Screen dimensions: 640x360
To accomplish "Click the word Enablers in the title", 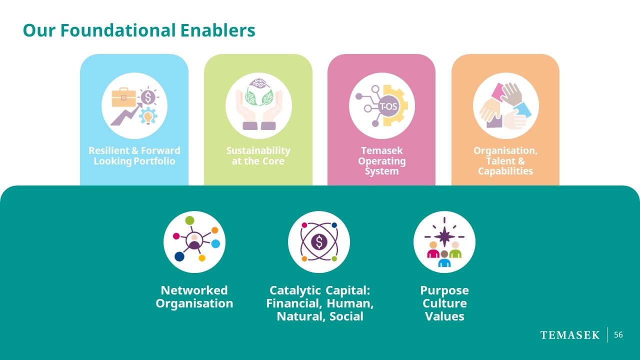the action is tap(217, 30).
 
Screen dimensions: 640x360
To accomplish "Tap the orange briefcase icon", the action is tap(123, 97).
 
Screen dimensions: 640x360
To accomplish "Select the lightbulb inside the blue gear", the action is tap(148, 117).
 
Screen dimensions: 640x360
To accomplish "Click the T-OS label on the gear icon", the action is tap(388, 106).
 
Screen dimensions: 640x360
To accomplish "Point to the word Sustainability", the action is tap(258, 150).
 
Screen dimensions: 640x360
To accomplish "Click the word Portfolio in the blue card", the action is tap(154, 161).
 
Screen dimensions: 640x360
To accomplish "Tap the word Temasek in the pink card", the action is tap(381, 150).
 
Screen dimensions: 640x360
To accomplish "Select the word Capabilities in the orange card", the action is tap(505, 171).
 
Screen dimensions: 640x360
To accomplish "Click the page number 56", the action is tap(618, 334).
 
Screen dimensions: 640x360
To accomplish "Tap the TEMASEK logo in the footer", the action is tap(569, 335).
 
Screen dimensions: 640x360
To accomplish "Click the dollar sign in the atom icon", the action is tap(319, 241).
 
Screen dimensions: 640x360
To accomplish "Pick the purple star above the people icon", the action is tap(444, 236).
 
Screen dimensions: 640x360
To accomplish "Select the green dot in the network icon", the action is tap(189, 220).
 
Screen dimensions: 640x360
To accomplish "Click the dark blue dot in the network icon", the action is tap(179, 256).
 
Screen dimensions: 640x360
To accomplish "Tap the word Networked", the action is tap(194, 290).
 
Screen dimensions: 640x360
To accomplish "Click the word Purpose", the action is tap(444, 291).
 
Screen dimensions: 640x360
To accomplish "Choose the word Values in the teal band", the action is tap(444, 316).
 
